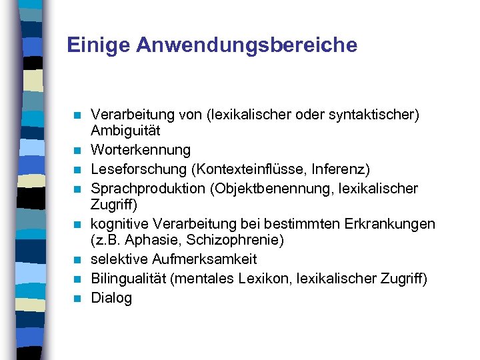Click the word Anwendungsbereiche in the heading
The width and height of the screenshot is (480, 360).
[x=247, y=45]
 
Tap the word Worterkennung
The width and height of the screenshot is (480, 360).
[x=141, y=150]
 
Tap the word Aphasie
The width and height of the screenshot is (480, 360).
[x=149, y=239]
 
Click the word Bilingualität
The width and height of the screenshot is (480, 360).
[x=128, y=279]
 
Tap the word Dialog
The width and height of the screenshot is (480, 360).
[x=111, y=298]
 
